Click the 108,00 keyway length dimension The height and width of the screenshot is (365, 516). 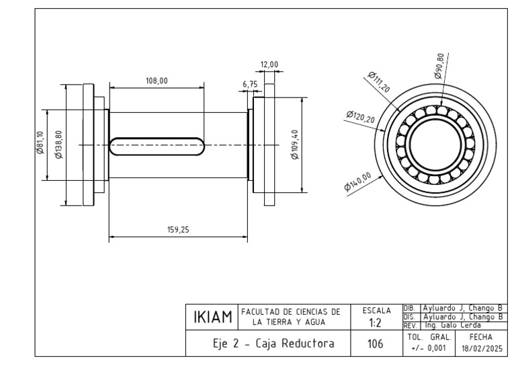coord(157,80)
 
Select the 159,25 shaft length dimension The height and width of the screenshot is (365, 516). coord(177,229)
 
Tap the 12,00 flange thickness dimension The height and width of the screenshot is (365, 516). coord(269,65)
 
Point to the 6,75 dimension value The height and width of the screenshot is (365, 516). coord(250,84)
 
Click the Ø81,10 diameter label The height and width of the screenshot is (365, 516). coord(40,143)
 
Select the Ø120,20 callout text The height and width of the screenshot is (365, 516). coord(360,116)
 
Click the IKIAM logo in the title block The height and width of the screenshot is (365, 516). coord(212,317)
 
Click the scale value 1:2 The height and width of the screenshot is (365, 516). coord(377,323)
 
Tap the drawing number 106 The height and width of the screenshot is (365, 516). coord(377,343)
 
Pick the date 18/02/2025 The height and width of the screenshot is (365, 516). coord(482,349)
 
